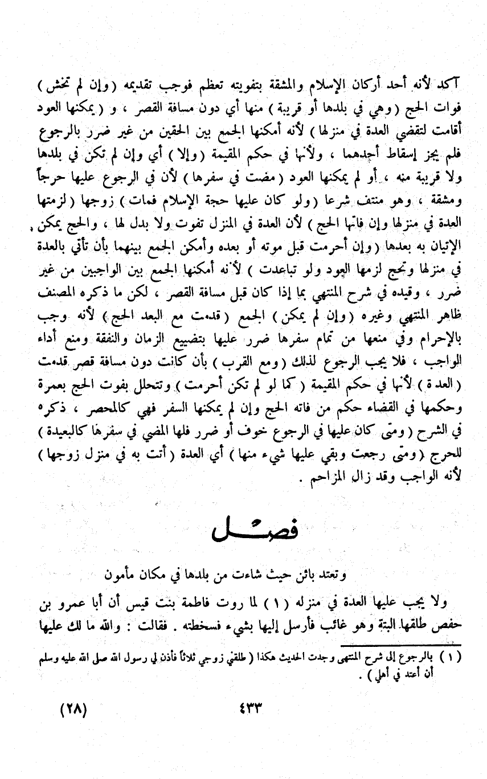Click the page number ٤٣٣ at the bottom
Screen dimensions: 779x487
pyautogui.click(x=244, y=711)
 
